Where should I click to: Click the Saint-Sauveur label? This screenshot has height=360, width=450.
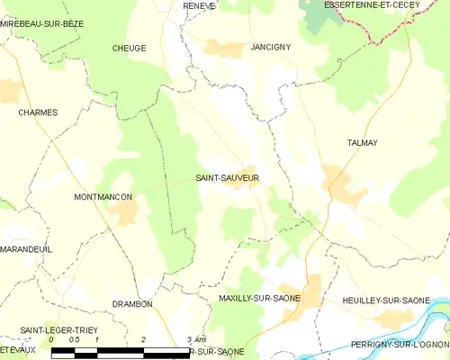click(227, 178)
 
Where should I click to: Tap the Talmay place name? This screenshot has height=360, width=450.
click(361, 143)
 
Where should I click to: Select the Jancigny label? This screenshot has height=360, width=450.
click(271, 46)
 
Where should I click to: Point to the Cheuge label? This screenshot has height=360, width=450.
click(130, 48)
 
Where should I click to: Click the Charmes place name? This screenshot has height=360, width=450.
click(38, 112)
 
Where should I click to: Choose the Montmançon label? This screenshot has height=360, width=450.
click(103, 196)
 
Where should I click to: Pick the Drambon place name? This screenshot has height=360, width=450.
click(132, 304)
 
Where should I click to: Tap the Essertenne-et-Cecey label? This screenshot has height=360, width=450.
click(371, 5)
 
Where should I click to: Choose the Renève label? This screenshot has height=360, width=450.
click(200, 5)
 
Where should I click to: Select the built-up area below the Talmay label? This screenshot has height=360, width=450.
click(344, 184)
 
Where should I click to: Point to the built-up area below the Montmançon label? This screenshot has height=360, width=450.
click(124, 212)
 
